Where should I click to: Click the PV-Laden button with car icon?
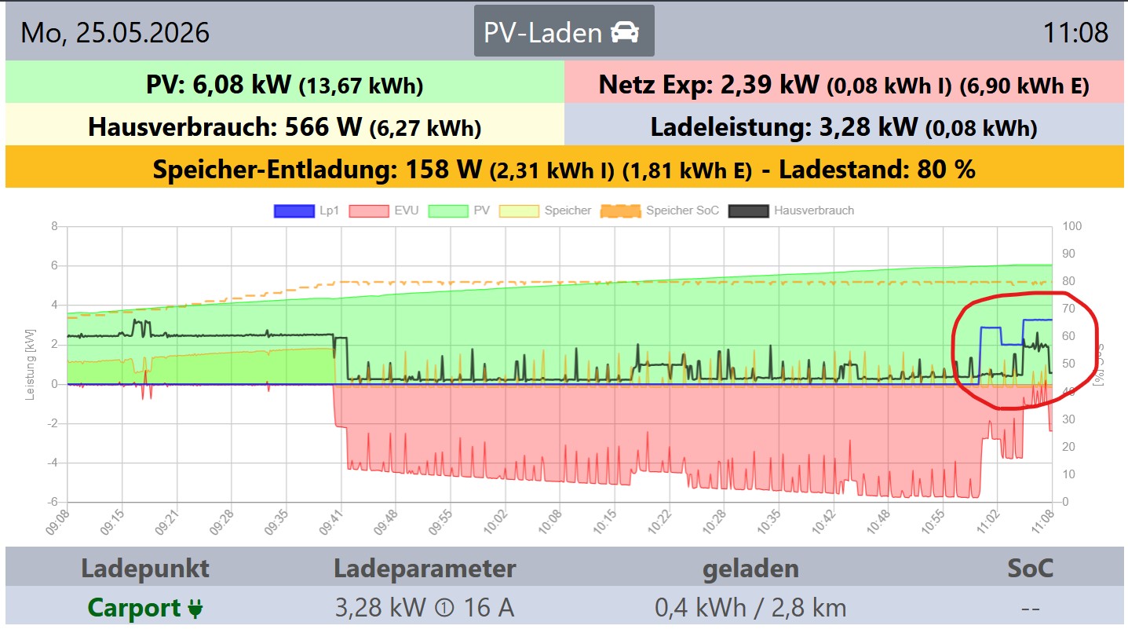(x=564, y=31)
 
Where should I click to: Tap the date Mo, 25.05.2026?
(x=115, y=33)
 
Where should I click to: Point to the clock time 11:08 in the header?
(x=1075, y=33)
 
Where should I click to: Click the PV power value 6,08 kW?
(x=241, y=84)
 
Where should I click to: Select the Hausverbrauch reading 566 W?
(x=323, y=126)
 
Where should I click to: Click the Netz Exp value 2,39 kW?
(x=769, y=84)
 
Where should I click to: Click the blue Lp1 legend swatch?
(x=294, y=210)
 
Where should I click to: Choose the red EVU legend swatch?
(x=369, y=210)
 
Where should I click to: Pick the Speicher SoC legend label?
(x=682, y=210)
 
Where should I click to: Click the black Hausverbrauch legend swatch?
(x=749, y=210)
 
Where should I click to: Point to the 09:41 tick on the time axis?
(x=330, y=522)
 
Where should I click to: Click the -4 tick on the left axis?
(x=54, y=462)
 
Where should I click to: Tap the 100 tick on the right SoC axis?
(x=1072, y=225)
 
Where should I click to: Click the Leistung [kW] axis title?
(x=30, y=364)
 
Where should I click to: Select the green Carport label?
(x=134, y=607)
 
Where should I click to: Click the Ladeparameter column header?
(x=425, y=568)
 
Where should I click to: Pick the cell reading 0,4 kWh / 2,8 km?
(x=750, y=607)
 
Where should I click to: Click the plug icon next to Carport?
(x=195, y=609)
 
